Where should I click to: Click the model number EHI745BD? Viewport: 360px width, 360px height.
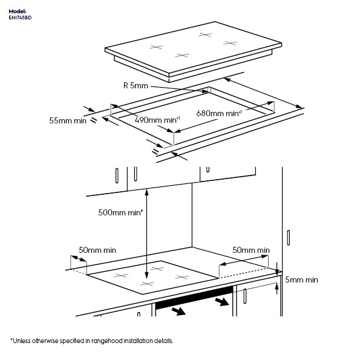click(x=20, y=18)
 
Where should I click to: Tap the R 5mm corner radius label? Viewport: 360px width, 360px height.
click(x=136, y=86)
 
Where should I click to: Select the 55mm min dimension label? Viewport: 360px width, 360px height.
click(x=68, y=120)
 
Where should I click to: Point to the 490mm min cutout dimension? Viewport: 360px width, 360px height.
click(x=157, y=120)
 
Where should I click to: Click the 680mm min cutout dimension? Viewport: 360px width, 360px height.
click(x=219, y=113)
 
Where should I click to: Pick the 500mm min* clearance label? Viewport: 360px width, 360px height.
click(x=120, y=212)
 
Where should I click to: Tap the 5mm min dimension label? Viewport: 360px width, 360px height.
click(x=301, y=280)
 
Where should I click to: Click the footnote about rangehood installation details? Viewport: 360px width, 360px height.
click(x=92, y=341)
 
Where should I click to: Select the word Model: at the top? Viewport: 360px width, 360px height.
click(x=18, y=11)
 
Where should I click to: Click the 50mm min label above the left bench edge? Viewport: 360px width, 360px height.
click(x=97, y=250)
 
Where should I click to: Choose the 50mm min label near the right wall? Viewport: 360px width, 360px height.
click(x=251, y=250)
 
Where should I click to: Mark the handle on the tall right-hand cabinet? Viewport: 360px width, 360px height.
click(x=289, y=238)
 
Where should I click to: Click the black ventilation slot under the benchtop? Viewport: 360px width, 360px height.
click(x=194, y=298)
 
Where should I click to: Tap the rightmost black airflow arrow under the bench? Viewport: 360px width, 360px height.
click(x=222, y=301)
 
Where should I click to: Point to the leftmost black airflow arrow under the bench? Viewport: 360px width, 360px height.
click(x=178, y=312)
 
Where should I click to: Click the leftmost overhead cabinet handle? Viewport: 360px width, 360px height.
click(x=117, y=176)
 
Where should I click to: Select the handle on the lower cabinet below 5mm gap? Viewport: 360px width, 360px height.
click(x=245, y=296)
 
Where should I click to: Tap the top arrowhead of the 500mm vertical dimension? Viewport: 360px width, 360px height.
click(x=146, y=191)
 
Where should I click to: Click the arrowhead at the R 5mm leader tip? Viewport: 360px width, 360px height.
click(x=205, y=91)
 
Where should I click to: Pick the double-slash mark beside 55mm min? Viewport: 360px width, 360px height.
click(x=93, y=121)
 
